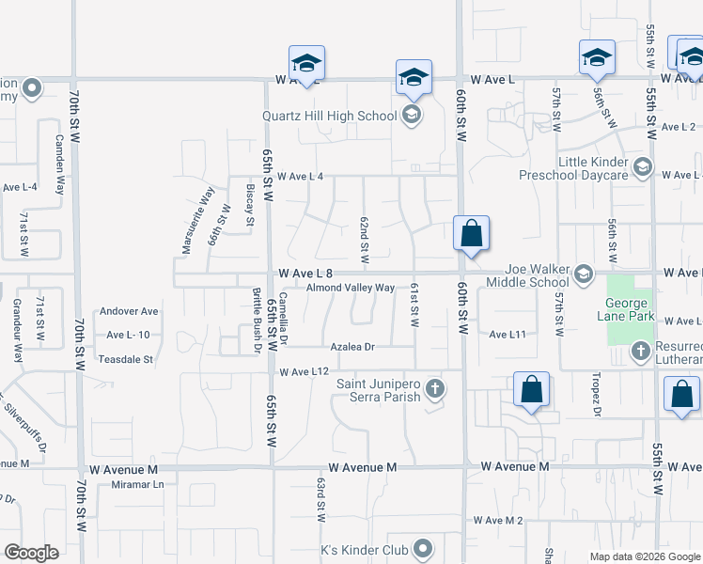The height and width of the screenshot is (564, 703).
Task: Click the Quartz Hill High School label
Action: coord(329,117)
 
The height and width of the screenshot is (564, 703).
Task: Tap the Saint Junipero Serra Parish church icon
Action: coord(433,387)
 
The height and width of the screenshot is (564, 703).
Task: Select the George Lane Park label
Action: coord(626,309)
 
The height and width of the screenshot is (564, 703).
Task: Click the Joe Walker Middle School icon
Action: coord(583,274)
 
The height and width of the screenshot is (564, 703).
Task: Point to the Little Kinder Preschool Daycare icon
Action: coord(642,167)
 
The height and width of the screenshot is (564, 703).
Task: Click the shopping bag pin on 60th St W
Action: coord(470,234)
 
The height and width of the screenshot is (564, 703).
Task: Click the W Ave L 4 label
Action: coord(292,177)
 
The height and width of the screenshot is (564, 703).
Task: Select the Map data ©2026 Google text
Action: coord(645,556)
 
